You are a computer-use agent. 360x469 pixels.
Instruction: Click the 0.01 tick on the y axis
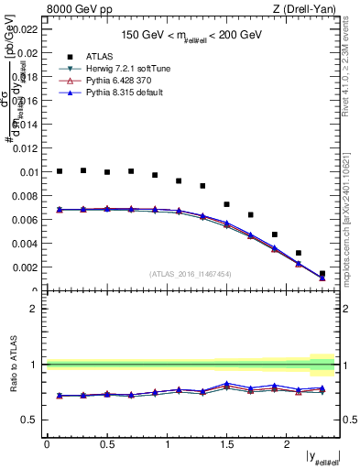[x=30, y=171]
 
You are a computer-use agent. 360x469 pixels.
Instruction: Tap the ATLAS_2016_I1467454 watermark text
[x=191, y=274]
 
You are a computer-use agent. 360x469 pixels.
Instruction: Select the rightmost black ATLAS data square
[x=322, y=273]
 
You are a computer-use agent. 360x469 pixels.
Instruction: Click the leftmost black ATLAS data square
[x=60, y=171]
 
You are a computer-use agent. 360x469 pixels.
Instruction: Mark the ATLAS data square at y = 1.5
[x=226, y=204]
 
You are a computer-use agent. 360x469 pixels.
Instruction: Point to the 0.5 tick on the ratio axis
[x=33, y=420]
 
